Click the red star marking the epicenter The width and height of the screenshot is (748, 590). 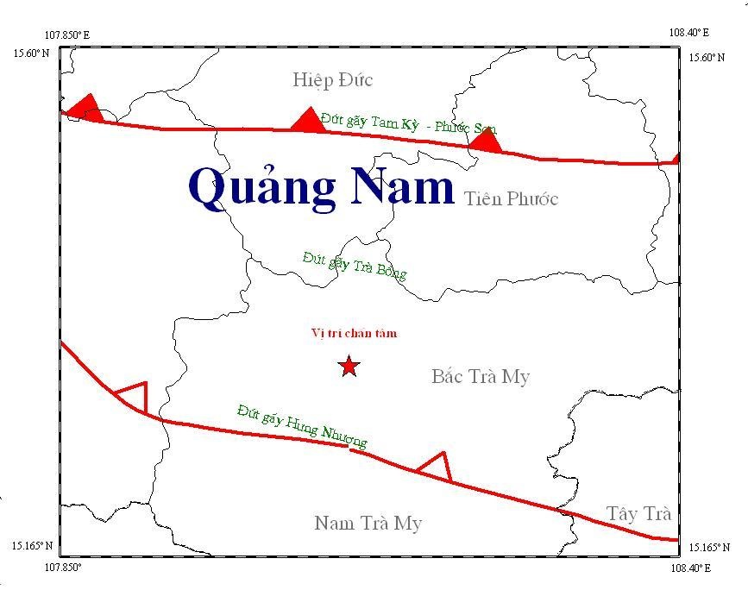point(349,367)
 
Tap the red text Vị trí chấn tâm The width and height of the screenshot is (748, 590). point(354,334)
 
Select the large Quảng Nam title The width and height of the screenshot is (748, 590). point(321,187)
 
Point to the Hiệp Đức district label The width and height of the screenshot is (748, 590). point(332,80)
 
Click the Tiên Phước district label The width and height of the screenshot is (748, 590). point(511,199)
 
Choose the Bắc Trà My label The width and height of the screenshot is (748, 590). point(480,377)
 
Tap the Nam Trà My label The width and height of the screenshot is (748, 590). point(368,523)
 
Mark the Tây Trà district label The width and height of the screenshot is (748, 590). point(638,514)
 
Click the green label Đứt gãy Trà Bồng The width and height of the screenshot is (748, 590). point(354,265)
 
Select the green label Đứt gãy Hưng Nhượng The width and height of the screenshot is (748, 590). point(302,425)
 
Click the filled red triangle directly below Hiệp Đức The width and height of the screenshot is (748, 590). point(308,121)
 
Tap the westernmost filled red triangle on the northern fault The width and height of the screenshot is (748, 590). point(85,109)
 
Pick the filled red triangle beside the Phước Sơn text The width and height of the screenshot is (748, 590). point(486,140)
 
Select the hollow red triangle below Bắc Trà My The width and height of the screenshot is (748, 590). point(436,467)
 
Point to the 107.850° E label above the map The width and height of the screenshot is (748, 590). point(66,35)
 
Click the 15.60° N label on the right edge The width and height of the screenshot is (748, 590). point(706,58)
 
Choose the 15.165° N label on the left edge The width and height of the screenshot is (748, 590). point(32,546)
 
